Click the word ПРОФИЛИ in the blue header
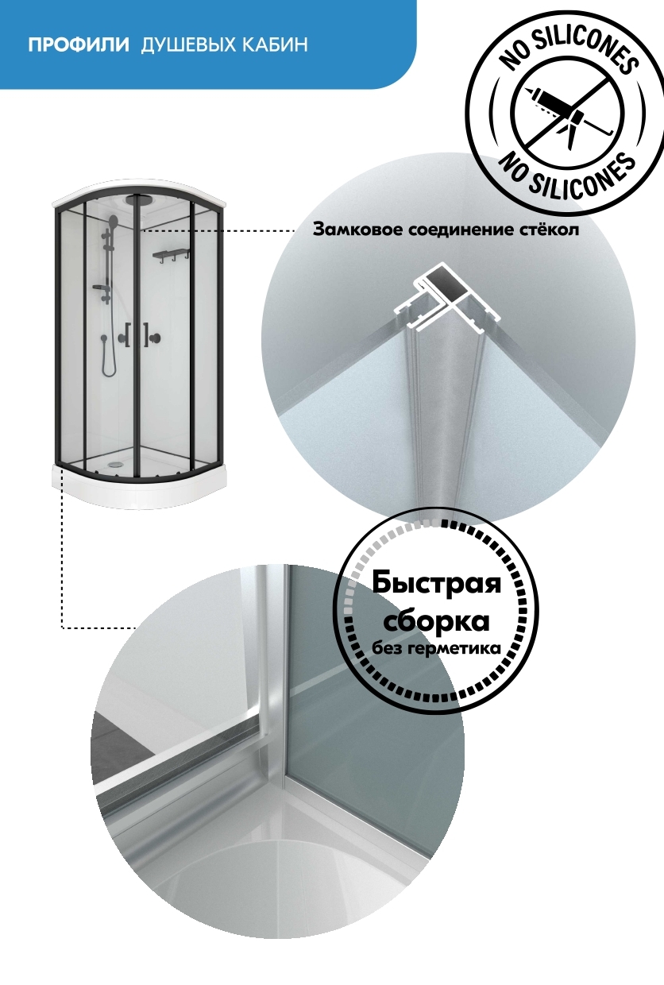point(79,44)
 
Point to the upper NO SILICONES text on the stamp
point(569,48)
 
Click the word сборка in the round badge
point(437,620)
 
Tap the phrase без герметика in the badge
point(437,648)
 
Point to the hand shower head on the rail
point(114,220)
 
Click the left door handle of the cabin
point(128,335)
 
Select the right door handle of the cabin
point(146,335)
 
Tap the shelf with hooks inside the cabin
point(172,256)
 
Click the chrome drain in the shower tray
point(116,463)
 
